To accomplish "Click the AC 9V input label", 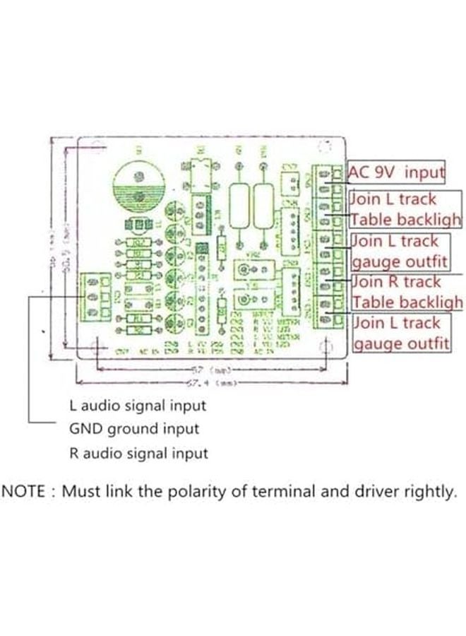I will (x=397, y=172).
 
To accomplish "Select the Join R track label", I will (x=396, y=282).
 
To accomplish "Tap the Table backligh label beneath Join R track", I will (x=407, y=302).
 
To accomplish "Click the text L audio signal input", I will (x=138, y=406).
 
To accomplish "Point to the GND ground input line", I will (x=133, y=429).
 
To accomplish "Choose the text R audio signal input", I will (x=138, y=453).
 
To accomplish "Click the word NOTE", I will (x=23, y=492).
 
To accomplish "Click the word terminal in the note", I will (x=285, y=492).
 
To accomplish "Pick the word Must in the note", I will (x=83, y=492).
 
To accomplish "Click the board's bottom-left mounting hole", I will (x=95, y=346).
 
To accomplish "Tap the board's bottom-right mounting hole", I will (x=325, y=346).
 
